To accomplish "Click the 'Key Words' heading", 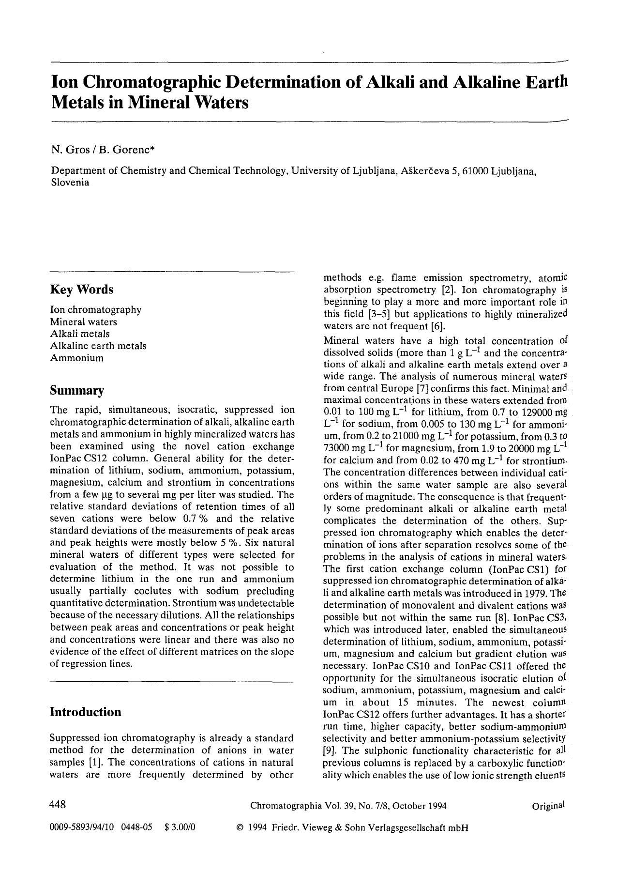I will coord(82,290).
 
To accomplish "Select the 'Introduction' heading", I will coord(86,712).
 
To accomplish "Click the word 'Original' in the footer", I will coord(548,806).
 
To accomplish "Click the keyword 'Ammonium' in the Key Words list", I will coord(76,358).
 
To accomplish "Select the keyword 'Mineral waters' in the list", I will coord(83,322).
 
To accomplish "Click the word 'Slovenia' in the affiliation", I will coord(70,183).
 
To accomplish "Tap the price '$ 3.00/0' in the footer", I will coord(180,827).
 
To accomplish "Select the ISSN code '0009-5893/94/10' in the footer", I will coord(81,827).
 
